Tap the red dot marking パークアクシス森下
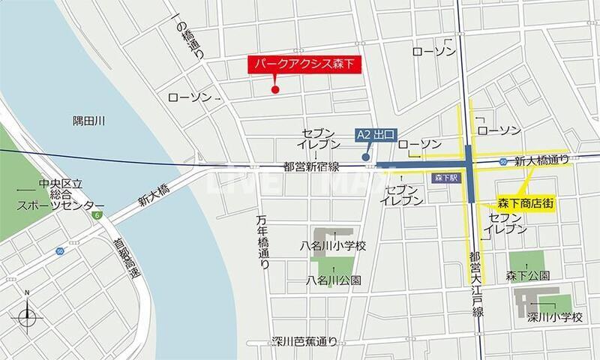point(274,91)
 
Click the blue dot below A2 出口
point(365,157)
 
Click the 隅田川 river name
point(88,119)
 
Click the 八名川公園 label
point(334,280)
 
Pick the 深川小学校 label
point(555,317)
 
